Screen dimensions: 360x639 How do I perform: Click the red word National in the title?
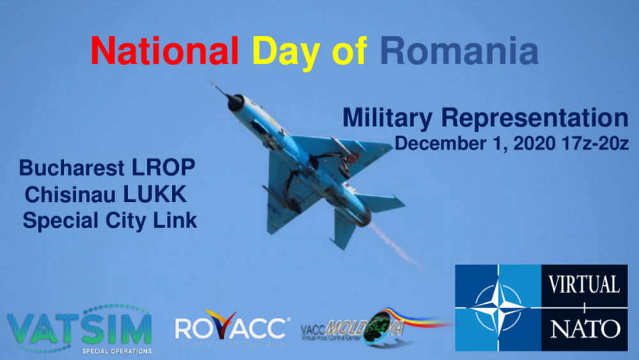164,51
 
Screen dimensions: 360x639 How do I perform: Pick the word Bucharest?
72,168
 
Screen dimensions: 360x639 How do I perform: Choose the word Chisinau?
68,194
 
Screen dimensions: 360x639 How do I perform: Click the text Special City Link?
109,221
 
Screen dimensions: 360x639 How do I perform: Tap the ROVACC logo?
231,330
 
